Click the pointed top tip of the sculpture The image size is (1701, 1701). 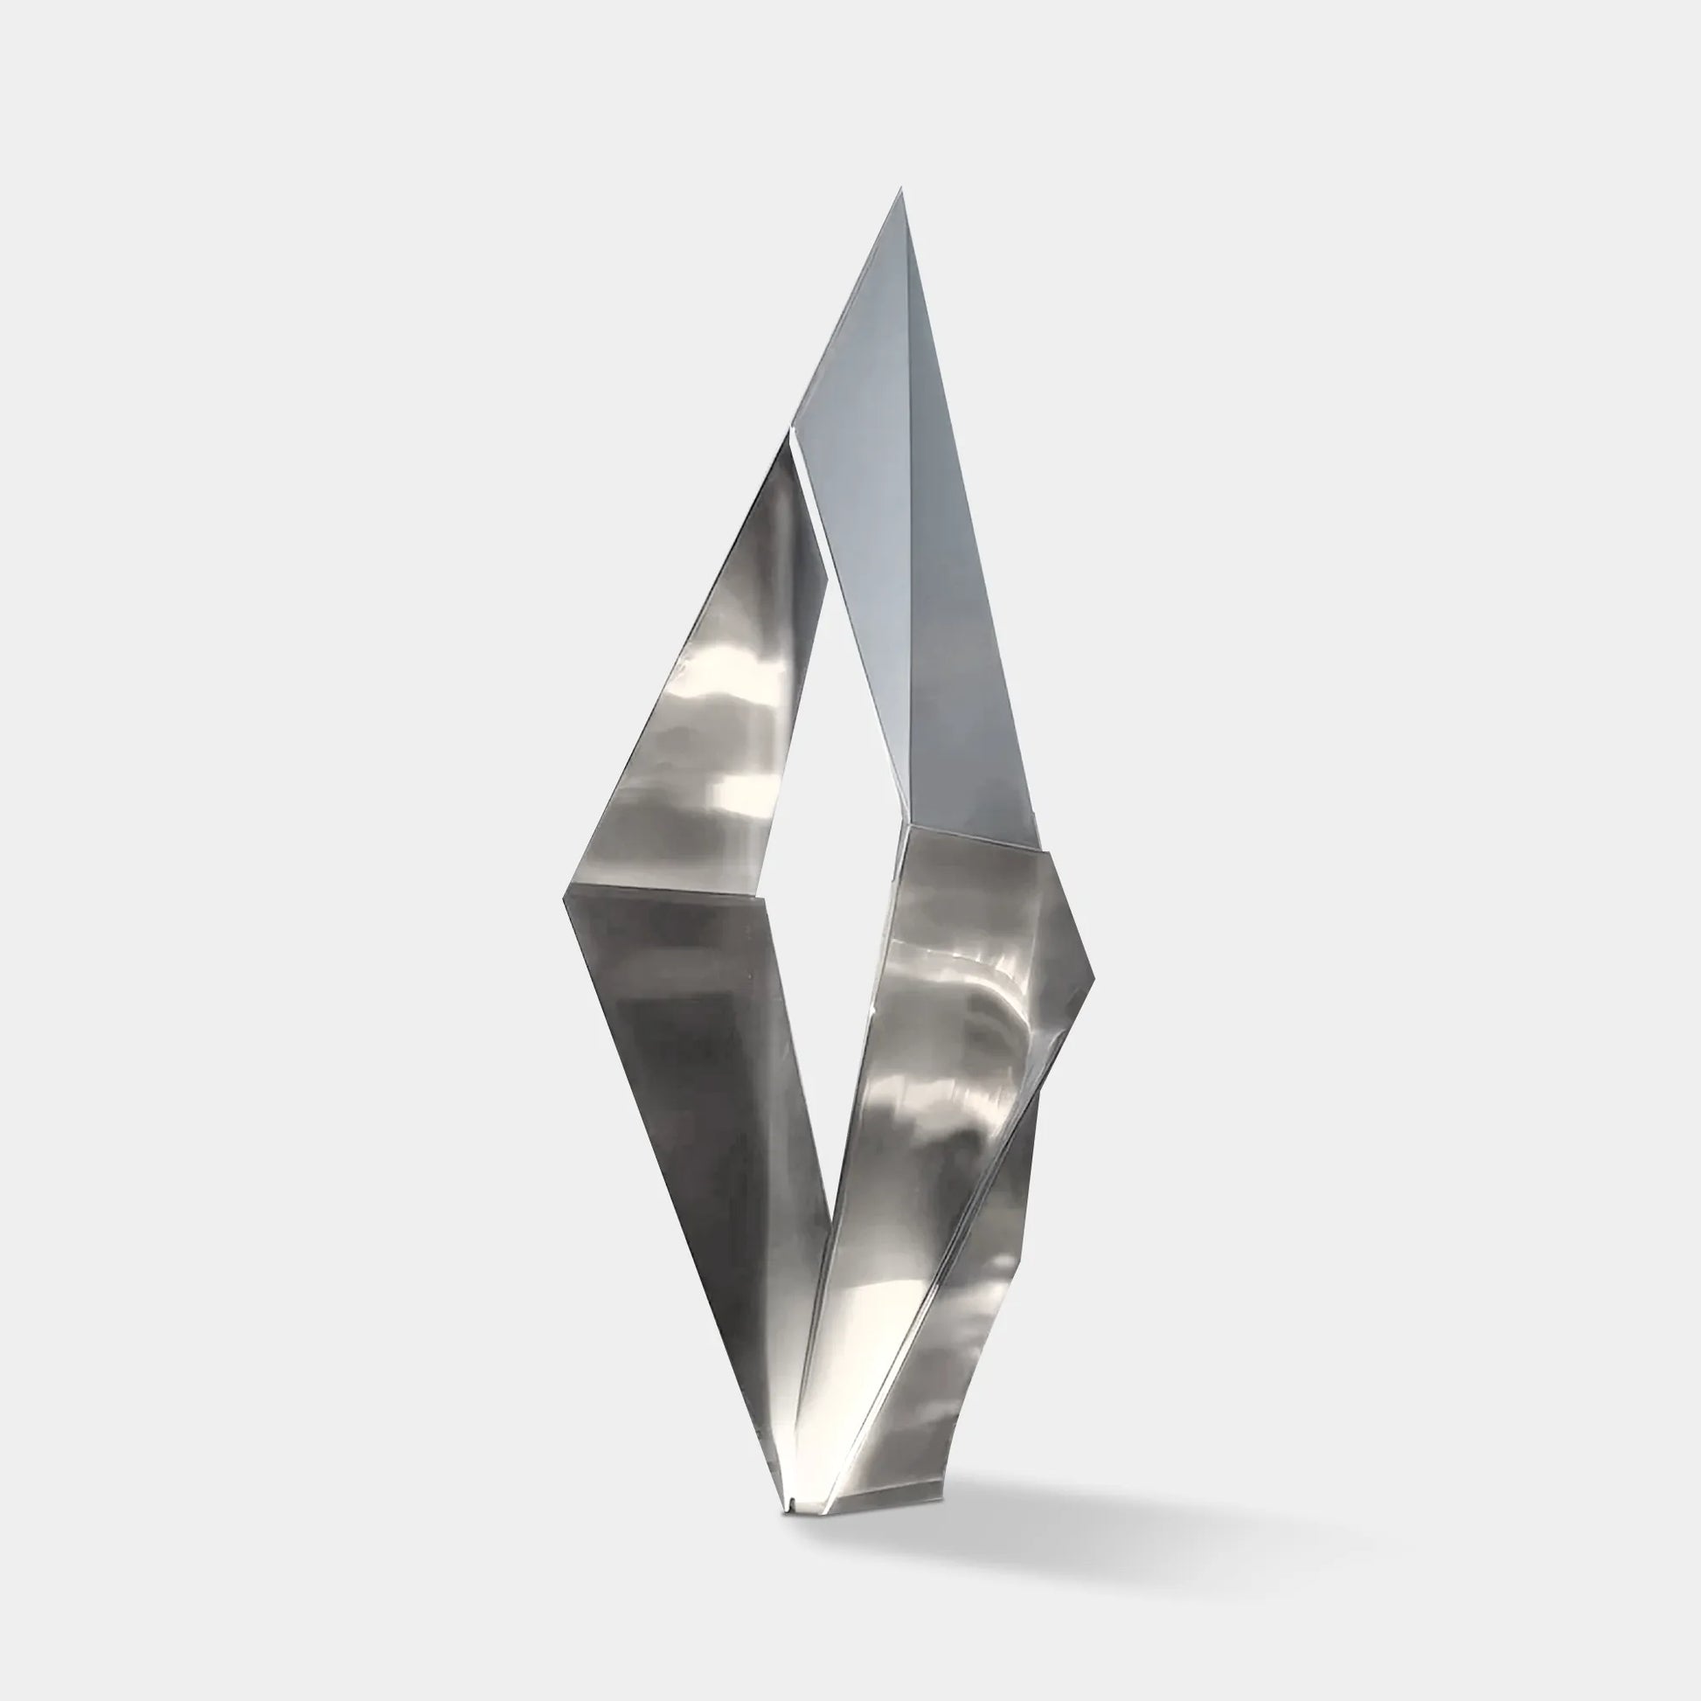900,190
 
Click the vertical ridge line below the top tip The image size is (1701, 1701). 906,528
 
